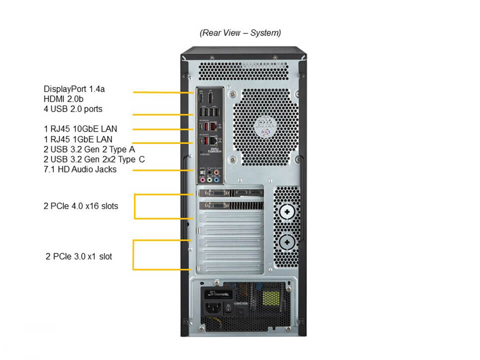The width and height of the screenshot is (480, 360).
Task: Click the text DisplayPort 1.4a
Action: coord(74,89)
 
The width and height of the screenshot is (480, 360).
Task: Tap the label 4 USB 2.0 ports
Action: coord(73,109)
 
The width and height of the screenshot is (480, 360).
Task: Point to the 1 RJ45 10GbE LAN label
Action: coord(80,129)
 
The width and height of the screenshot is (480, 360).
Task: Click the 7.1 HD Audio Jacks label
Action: coord(80,169)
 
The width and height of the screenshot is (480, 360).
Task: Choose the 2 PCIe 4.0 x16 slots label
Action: coord(81,205)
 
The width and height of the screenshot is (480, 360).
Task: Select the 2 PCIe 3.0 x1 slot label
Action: coord(79,256)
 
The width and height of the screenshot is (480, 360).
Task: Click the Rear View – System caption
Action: coord(240,33)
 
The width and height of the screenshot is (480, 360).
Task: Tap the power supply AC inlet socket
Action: coord(211,307)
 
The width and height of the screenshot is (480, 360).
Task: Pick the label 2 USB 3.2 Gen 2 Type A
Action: coord(89,149)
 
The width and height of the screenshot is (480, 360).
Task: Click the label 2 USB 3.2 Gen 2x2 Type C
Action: coord(94,159)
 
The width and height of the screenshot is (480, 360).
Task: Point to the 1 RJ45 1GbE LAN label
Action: coord(78,139)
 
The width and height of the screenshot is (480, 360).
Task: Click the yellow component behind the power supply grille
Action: coord(270,298)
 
